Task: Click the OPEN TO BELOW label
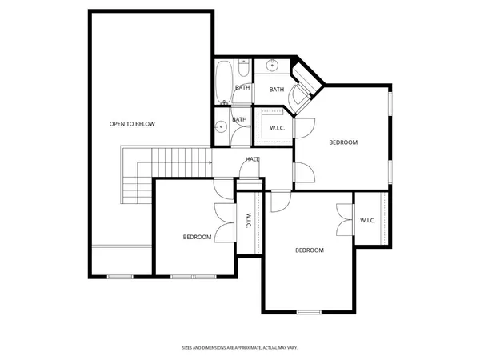click(132, 124)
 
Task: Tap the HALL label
click(252, 159)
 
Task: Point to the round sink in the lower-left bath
click(218, 126)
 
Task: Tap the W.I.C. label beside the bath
click(278, 128)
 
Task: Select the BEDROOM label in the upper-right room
click(343, 142)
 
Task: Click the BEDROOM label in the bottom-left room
click(197, 237)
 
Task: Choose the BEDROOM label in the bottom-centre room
click(310, 250)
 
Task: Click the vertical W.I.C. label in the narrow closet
click(249, 219)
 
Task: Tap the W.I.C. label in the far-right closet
click(368, 221)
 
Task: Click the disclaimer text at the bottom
click(240, 348)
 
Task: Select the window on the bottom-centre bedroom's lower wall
click(308, 311)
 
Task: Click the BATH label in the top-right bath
click(277, 90)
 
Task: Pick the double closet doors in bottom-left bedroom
click(224, 219)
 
